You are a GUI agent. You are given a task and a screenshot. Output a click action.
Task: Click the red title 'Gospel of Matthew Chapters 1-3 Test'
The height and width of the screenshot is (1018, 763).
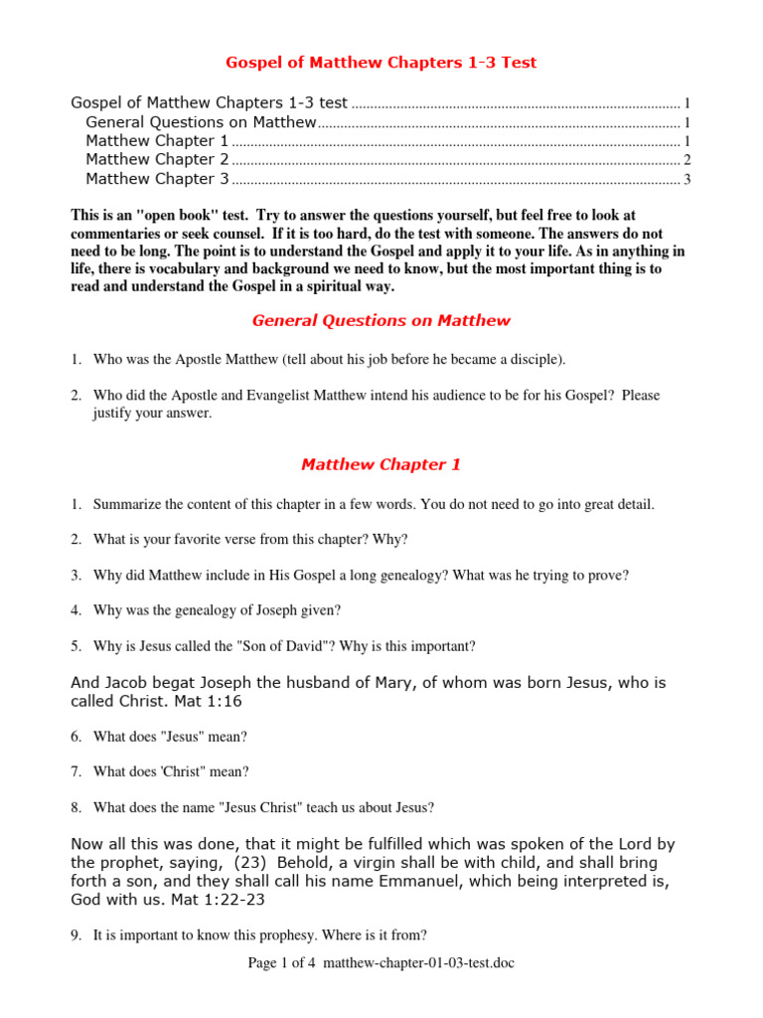tap(381, 63)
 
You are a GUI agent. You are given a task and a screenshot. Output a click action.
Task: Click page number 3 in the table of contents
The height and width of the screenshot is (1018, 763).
tap(687, 180)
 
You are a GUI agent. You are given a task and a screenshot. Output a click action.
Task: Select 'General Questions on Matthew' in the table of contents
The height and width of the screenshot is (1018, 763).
tap(201, 122)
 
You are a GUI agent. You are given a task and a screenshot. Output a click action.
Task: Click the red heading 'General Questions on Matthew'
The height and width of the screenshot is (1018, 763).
tap(381, 320)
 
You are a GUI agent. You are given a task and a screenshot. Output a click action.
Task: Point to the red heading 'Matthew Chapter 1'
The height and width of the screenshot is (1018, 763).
tap(381, 464)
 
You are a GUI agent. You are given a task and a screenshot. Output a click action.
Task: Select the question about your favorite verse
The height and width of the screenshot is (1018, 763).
tap(249, 539)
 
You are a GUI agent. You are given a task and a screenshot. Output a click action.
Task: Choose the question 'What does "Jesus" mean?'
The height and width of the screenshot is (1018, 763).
tap(170, 736)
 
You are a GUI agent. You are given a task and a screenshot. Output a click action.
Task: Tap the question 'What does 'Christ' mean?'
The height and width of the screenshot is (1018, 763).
tap(171, 771)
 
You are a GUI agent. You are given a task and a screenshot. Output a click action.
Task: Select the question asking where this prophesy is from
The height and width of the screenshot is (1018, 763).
tap(259, 934)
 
